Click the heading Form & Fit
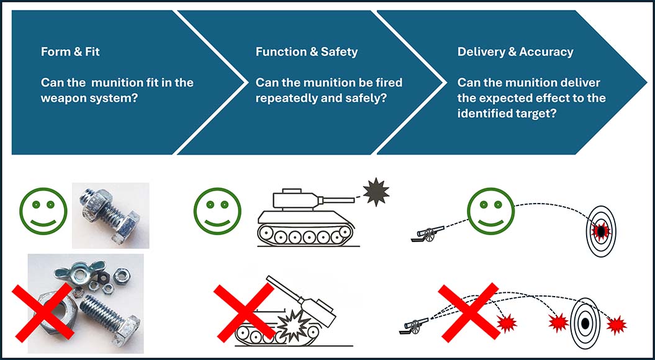[x=70, y=52]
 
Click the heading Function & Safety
[x=306, y=52]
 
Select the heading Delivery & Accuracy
[x=515, y=52]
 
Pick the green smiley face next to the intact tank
[x=217, y=210]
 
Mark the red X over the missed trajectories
[x=468, y=312]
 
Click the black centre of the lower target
[x=584, y=323]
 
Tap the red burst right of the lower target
[x=617, y=325]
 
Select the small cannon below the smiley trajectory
[x=427, y=233]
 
